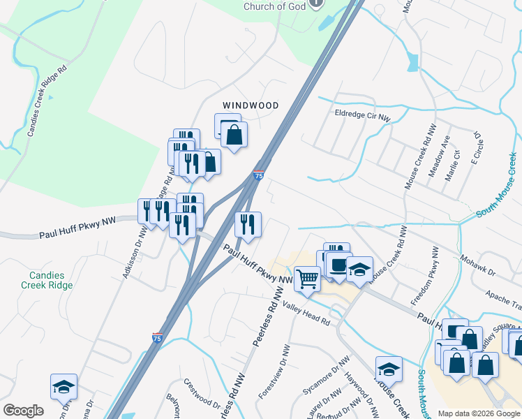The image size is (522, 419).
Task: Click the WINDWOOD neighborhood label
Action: click(251, 105)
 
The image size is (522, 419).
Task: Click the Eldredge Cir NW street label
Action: click(362, 114)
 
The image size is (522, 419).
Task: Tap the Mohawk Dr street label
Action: click(477, 265)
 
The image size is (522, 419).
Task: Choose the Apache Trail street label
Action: click(503, 301)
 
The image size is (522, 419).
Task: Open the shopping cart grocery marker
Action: click(306, 279)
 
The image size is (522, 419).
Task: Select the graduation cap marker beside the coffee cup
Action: click(359, 269)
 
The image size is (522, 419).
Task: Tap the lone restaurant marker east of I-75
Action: click(248, 224)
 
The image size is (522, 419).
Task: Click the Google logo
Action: click(23, 411)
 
